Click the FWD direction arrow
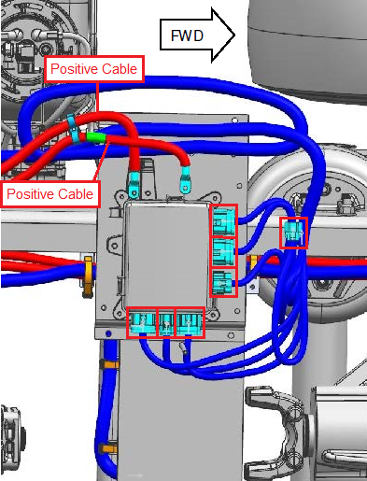coord(197,35)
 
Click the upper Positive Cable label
coord(94,69)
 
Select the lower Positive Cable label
coord(50,194)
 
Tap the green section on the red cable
coord(96,137)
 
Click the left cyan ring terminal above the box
coord(134,185)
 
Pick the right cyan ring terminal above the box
coord(185,179)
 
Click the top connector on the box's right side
coord(223,221)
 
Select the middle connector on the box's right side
coord(223,252)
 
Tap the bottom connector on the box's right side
coord(223,283)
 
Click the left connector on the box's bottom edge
coord(142,322)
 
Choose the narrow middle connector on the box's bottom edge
coord(166,322)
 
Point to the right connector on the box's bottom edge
coord(191,322)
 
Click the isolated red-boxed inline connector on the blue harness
coord(293,233)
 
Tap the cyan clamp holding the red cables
coord(74,128)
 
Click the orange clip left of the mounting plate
coord(88,276)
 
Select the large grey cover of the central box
coord(166,255)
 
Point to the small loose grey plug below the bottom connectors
coord(183,348)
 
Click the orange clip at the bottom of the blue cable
coord(107,449)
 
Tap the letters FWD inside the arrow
coord(187,35)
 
